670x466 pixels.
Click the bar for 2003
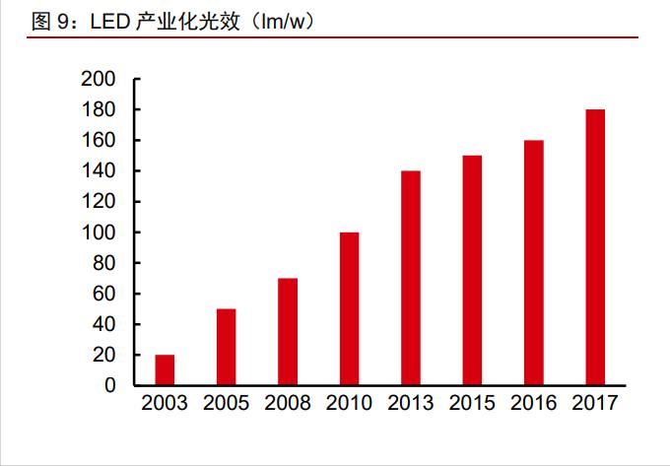(165, 369)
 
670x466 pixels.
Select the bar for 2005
(226, 347)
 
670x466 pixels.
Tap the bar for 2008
(288, 331)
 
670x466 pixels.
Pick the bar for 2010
(349, 308)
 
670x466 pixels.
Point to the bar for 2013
(410, 278)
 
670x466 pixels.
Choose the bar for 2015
(472, 270)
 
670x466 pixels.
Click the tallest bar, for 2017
(595, 247)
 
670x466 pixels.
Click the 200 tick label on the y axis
(100, 80)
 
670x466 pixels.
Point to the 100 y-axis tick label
(100, 233)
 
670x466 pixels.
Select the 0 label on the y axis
(111, 385)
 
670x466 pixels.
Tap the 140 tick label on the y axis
(100, 171)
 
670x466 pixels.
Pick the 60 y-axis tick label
(105, 294)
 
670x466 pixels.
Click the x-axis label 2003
(165, 404)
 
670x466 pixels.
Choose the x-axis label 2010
(349, 404)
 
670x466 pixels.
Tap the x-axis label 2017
(595, 404)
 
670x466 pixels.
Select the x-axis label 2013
(410, 404)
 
